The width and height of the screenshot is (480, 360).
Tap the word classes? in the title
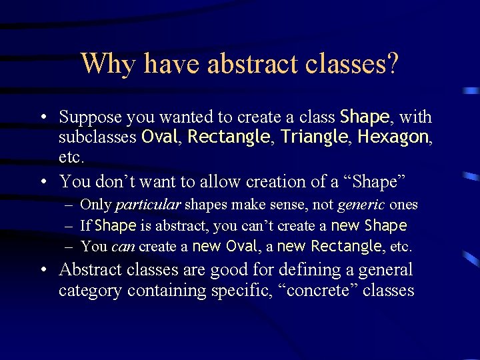(354, 64)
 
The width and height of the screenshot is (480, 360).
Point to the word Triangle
(313, 137)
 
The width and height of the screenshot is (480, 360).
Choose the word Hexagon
(393, 137)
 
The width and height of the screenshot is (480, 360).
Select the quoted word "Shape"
(381, 181)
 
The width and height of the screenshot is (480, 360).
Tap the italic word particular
(148, 205)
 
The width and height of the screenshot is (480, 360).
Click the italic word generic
(361, 205)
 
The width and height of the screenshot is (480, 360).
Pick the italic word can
(123, 247)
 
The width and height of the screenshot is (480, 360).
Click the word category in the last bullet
(91, 291)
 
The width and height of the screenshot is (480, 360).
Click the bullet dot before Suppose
(42, 118)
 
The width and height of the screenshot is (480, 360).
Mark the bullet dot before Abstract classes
(42, 270)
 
